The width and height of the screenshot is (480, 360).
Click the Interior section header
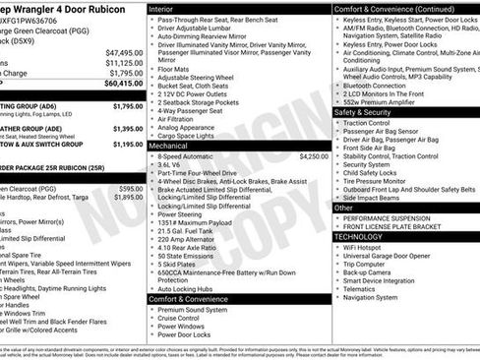(x=162, y=7)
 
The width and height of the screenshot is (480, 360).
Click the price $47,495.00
(x=124, y=52)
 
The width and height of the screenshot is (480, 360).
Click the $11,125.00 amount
(x=124, y=63)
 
